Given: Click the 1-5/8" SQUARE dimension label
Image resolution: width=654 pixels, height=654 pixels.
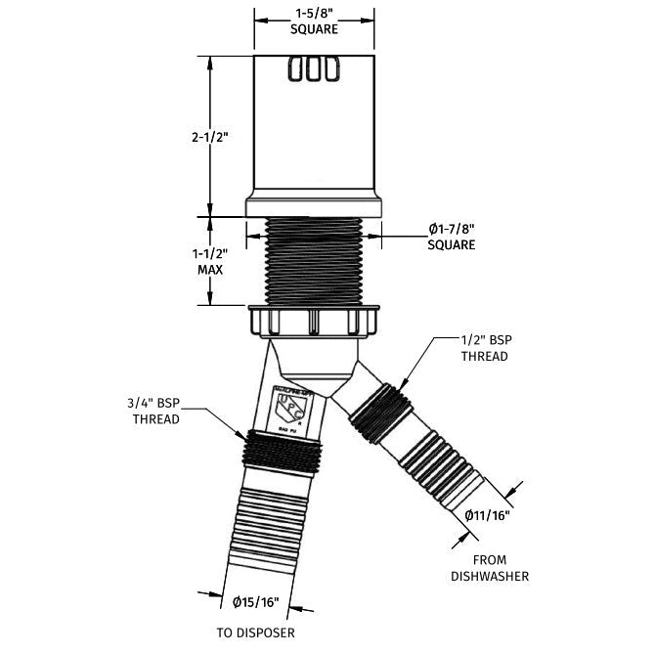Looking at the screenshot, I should click(x=314, y=22).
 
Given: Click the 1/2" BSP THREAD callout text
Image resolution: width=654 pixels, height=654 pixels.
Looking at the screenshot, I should click(x=484, y=348).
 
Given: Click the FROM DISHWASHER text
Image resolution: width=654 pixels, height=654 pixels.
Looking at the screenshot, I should click(x=490, y=569).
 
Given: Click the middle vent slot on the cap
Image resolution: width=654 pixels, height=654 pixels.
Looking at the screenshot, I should click(x=314, y=70).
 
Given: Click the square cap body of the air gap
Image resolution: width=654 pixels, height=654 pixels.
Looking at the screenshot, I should click(x=314, y=132).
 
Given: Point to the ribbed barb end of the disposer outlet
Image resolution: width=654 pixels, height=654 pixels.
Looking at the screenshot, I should click(x=255, y=533).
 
